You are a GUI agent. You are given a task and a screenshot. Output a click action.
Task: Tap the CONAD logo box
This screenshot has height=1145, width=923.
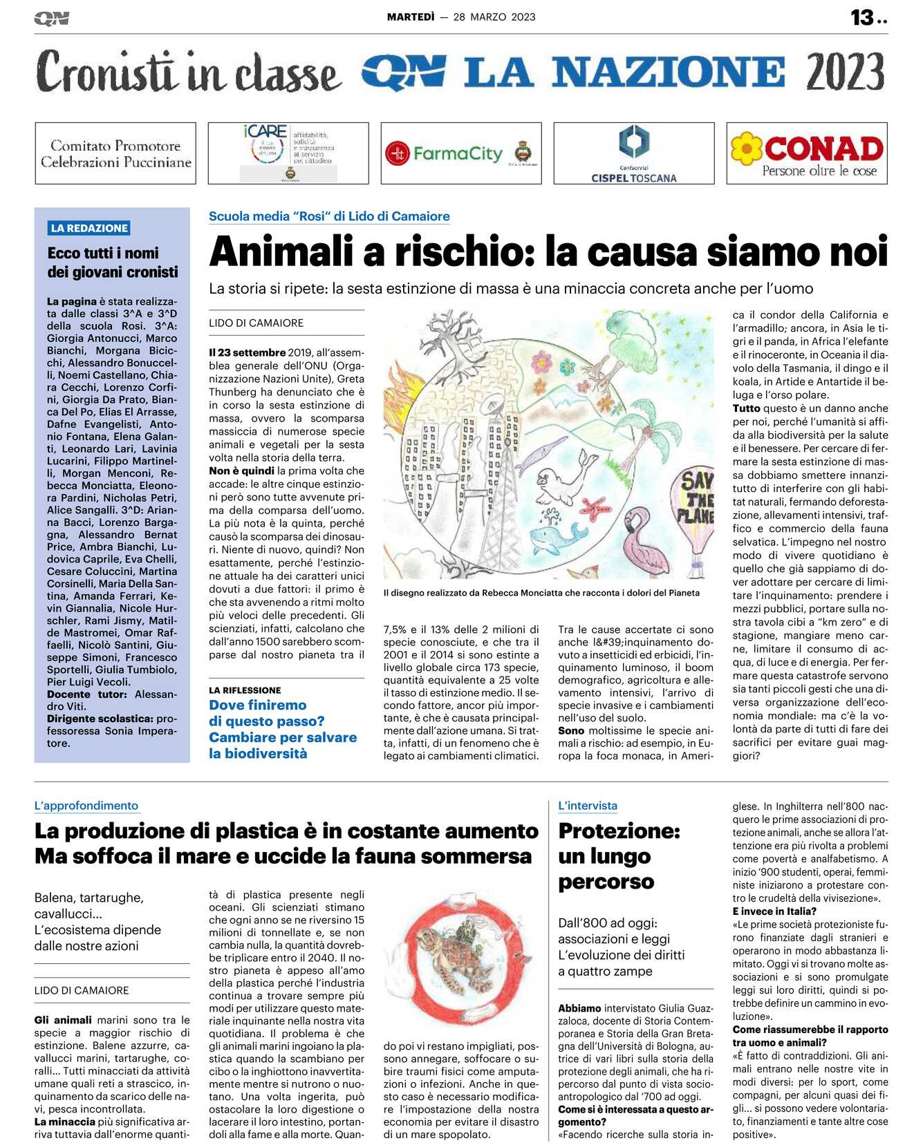click(807, 153)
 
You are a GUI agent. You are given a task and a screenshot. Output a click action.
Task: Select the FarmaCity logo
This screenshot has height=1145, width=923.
click(460, 153)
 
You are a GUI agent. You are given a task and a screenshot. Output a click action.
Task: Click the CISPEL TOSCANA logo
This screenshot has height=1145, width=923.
click(633, 153)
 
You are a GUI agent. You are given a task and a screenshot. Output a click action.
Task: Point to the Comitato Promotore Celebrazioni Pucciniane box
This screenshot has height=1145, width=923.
click(115, 153)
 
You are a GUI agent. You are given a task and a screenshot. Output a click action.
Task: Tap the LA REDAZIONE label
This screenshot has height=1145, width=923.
click(89, 228)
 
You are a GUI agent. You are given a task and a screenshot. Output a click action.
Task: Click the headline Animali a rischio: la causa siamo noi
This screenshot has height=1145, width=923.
click(548, 251)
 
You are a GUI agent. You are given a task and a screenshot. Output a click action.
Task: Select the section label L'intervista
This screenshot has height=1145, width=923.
click(588, 806)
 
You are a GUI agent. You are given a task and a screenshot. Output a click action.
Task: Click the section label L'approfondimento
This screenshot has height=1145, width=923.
click(86, 806)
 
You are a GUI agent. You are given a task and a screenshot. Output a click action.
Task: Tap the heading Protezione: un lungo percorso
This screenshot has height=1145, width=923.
click(619, 855)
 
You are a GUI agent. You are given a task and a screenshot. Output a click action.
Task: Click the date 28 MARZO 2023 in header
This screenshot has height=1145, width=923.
click(494, 17)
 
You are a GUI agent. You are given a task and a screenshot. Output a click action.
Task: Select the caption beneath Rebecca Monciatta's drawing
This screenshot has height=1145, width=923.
click(541, 593)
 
